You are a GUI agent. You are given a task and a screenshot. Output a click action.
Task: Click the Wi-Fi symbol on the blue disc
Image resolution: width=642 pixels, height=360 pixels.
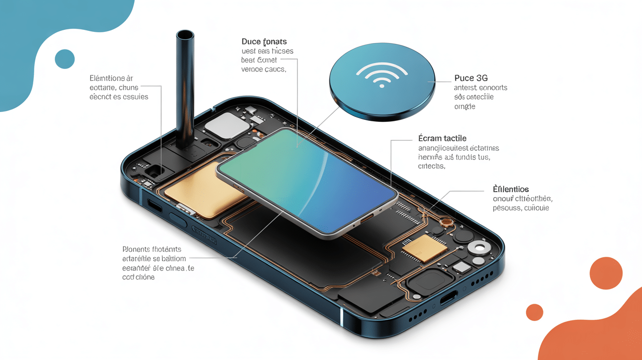pos(382,75)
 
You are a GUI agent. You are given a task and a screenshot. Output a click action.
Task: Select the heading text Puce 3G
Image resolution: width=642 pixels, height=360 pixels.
pos(471,78)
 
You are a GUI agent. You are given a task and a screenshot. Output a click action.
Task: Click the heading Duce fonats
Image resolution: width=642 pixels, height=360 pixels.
pos(264,42)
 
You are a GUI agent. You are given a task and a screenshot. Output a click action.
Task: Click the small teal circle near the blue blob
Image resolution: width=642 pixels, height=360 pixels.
pos(65,59)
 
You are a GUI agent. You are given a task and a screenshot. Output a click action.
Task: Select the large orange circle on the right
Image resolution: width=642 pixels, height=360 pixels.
pos(606,273)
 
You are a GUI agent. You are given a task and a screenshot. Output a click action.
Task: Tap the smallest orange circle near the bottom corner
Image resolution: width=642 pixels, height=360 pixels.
pos(534,312)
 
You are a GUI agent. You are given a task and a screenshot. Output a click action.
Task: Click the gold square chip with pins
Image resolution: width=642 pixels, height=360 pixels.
pos(424,248)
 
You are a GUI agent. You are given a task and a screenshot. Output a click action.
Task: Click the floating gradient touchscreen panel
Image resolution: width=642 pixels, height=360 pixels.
pos(307,181)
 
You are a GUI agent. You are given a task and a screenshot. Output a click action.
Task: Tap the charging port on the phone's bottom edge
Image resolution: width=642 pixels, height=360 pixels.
pos(448,297)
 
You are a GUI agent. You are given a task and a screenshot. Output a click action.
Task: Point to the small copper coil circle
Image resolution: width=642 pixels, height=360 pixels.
pos(446,224)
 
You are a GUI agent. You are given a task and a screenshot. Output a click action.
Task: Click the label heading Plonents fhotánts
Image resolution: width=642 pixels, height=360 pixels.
pos(152,249)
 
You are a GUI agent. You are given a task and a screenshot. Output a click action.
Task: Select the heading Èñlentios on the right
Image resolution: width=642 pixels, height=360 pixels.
pos(511,189)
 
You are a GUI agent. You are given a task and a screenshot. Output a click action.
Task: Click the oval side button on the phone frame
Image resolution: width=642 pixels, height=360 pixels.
pos(178,220)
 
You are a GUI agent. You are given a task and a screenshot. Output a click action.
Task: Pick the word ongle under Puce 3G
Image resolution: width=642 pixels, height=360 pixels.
pos(464,107)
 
